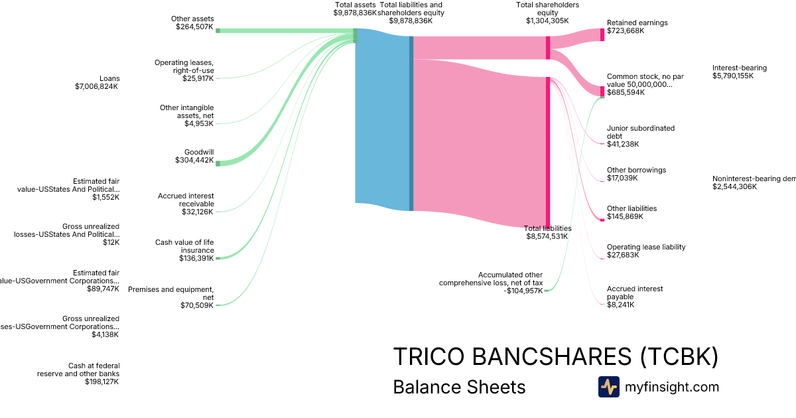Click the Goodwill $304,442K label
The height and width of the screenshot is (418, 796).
[x=194, y=156]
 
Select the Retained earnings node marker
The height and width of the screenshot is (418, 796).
[x=602, y=35]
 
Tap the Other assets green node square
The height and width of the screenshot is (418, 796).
[x=218, y=31]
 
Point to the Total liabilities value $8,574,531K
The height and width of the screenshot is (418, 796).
[x=549, y=236]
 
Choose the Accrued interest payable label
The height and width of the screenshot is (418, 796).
[x=625, y=297]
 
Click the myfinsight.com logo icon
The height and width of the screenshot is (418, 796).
[x=609, y=387]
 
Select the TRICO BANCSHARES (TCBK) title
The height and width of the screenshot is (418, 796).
[x=555, y=357]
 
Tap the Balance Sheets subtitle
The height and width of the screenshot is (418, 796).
[x=459, y=387]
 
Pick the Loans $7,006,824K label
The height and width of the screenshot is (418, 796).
[x=97, y=82]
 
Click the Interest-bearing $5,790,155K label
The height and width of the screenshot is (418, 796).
[x=739, y=72]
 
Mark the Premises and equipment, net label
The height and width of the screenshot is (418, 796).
[x=171, y=297]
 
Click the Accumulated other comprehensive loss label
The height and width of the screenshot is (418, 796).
[x=491, y=283]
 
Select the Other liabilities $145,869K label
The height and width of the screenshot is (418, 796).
[x=631, y=212]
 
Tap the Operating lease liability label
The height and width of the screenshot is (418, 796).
[x=645, y=251]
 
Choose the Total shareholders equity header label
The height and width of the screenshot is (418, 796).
[x=547, y=13]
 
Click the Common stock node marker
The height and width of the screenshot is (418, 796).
[x=602, y=91]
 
